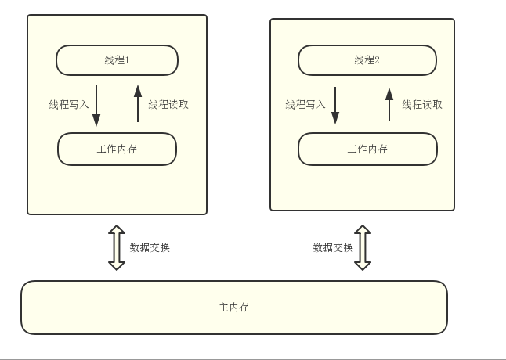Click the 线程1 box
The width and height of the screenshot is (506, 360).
(x=117, y=60)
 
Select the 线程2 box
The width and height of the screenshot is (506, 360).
(x=367, y=60)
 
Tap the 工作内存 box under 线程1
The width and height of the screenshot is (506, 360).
(x=117, y=149)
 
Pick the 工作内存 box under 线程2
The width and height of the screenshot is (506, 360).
(x=367, y=149)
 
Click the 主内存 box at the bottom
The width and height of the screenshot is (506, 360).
(x=233, y=308)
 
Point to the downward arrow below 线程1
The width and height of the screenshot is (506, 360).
(x=96, y=105)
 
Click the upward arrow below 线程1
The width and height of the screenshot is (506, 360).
(x=138, y=103)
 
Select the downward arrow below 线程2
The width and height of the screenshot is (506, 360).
(x=335, y=105)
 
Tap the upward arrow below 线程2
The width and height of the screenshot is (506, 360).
(x=389, y=104)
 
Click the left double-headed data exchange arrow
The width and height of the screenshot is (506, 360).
(x=117, y=247)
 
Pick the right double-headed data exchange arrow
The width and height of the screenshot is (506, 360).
(x=362, y=247)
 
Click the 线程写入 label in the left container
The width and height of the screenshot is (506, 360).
(x=69, y=104)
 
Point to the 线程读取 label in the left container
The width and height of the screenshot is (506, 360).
(x=168, y=104)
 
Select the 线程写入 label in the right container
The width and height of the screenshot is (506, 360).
(x=305, y=104)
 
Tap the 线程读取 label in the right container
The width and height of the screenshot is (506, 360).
(x=422, y=104)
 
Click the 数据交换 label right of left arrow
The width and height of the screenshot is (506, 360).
(x=150, y=247)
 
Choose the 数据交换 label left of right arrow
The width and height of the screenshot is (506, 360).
(x=333, y=247)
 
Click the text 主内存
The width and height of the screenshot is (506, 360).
(x=233, y=308)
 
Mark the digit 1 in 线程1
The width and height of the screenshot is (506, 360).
(x=127, y=60)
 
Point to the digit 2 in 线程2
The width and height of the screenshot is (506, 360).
(x=377, y=60)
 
